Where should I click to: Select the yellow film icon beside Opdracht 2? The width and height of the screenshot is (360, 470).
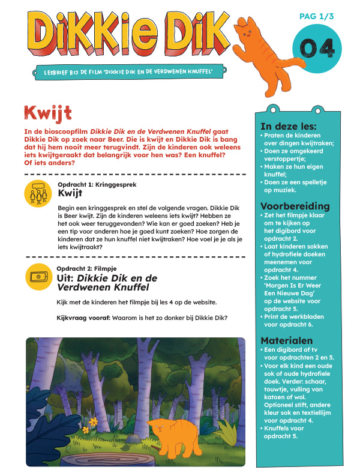tap(38, 276)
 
